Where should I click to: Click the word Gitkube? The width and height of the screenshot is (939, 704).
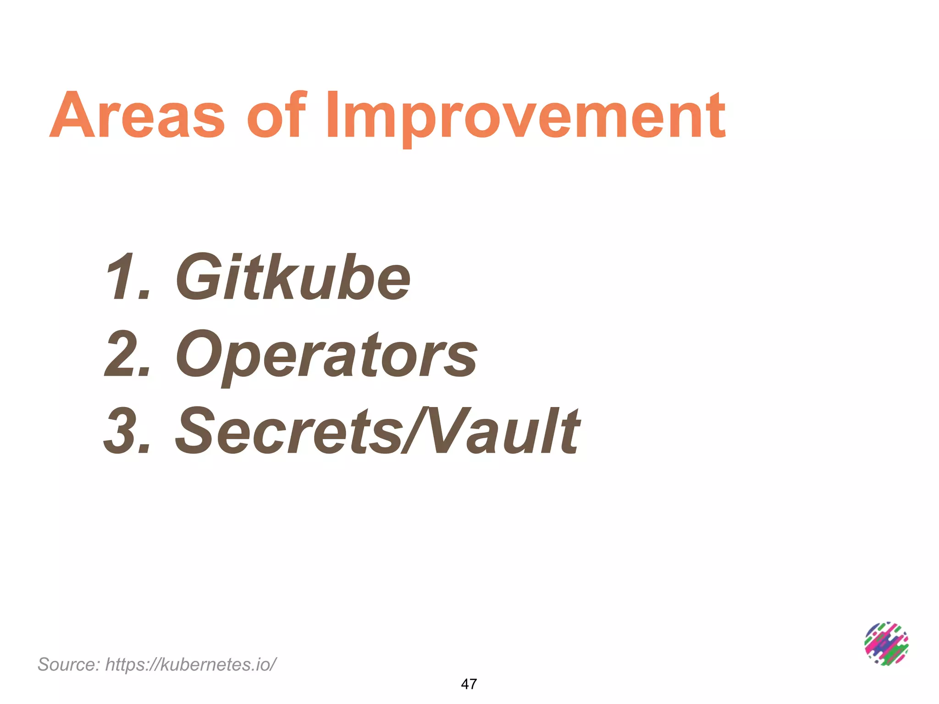(293, 278)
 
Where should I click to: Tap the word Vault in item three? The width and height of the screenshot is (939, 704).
(504, 431)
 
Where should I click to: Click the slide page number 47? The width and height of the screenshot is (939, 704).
(469, 684)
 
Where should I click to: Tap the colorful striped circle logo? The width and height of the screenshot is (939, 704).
(886, 643)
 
